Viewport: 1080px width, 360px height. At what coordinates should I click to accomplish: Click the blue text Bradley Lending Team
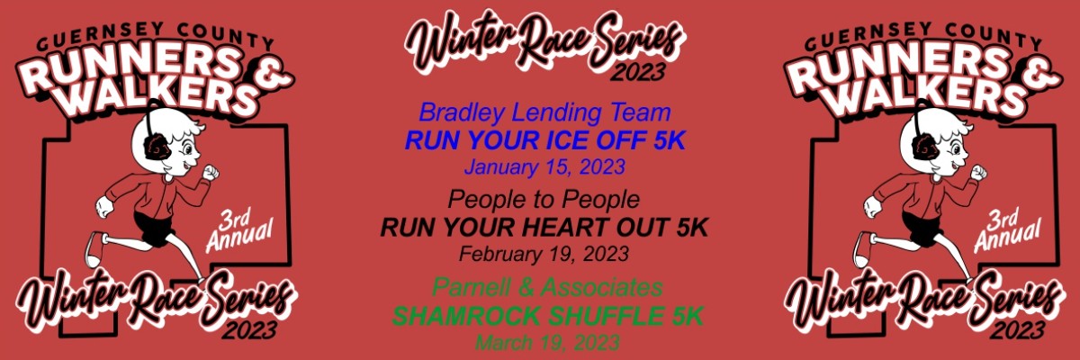pos(544,112)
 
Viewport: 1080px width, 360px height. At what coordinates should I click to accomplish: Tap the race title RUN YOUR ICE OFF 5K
pos(544,140)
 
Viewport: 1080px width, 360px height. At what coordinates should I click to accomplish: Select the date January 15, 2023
pos(544,167)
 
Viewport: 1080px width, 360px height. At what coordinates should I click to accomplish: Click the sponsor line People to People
pos(544,200)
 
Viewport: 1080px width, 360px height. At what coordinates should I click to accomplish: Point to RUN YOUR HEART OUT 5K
pos(544,228)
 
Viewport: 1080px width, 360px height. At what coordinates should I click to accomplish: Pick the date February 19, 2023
pos(544,254)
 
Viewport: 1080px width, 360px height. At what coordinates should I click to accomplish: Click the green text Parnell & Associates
pos(547,287)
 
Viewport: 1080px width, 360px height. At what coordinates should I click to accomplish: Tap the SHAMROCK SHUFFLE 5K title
pos(547,316)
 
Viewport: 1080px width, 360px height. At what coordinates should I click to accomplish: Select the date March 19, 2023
pos(547,343)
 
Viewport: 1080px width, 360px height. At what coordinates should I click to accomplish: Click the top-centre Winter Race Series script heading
pos(544,42)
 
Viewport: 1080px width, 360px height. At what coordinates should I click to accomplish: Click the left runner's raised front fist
pos(211,173)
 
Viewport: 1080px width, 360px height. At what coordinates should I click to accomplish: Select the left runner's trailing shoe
pos(95,248)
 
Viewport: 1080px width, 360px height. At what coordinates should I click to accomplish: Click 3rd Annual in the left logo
pos(239,230)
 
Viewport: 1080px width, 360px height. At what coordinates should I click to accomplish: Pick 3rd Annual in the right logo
pos(1008,230)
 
